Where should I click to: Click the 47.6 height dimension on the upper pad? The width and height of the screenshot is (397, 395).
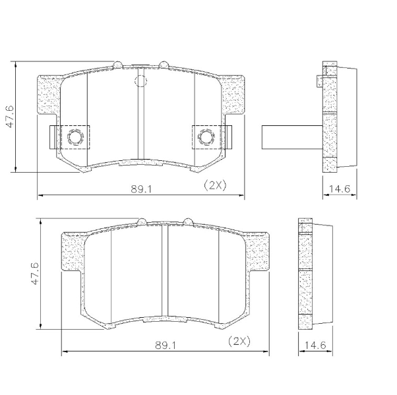[10, 117]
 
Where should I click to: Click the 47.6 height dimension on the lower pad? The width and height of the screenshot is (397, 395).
[35, 273]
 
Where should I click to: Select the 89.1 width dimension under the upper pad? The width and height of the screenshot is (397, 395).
[140, 189]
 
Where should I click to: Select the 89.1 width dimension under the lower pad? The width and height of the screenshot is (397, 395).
[166, 346]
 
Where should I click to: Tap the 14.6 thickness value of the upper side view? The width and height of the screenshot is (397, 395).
[339, 189]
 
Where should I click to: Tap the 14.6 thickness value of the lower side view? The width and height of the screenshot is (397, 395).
[315, 345]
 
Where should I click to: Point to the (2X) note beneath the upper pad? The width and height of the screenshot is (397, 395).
[215, 185]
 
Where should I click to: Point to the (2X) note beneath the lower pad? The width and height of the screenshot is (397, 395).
[239, 342]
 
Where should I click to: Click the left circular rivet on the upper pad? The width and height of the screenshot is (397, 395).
[75, 137]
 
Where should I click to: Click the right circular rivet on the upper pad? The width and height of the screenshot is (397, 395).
[206, 137]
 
